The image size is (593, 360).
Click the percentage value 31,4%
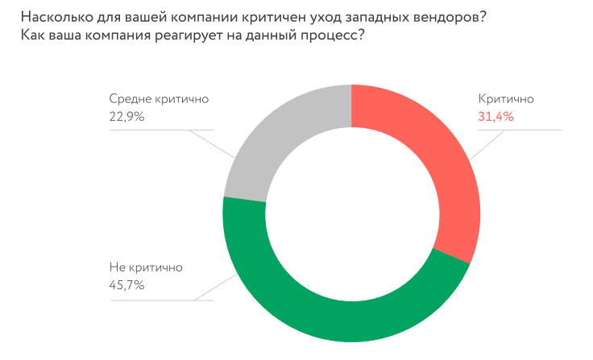point(496,117)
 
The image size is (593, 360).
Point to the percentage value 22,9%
point(126,117)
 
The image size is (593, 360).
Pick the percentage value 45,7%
point(126,283)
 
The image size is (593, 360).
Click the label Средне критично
point(159,99)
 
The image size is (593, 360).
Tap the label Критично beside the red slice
point(506,99)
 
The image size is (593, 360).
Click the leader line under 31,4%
point(532,130)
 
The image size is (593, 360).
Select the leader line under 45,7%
point(161,300)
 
